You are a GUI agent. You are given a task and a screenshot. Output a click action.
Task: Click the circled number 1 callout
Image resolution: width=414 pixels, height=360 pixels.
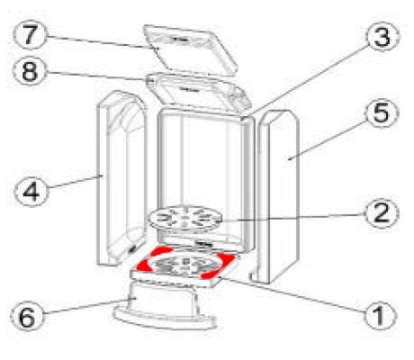380,315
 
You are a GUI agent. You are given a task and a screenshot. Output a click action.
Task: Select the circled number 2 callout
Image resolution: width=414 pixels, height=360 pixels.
382,213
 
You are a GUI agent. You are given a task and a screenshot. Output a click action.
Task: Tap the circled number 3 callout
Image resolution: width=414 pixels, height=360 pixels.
382,36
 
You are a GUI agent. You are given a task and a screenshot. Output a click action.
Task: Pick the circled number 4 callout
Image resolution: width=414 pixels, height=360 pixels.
31,191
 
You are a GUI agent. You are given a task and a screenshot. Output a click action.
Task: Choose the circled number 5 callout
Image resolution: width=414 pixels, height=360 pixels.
382,112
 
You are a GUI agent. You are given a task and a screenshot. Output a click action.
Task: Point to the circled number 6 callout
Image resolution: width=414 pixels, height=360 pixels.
27,317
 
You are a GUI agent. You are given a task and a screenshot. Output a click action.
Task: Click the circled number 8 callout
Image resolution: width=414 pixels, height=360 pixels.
30,71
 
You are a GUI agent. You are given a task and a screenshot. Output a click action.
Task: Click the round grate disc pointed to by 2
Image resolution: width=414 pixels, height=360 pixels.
184,219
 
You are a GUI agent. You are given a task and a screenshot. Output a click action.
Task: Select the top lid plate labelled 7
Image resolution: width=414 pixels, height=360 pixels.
190,49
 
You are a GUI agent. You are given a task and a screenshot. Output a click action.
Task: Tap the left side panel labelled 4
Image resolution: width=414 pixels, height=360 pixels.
121,178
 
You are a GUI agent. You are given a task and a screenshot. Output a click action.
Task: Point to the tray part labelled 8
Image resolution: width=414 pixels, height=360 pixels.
198,93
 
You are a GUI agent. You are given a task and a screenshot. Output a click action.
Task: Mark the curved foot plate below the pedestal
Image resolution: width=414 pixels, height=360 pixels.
165,319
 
